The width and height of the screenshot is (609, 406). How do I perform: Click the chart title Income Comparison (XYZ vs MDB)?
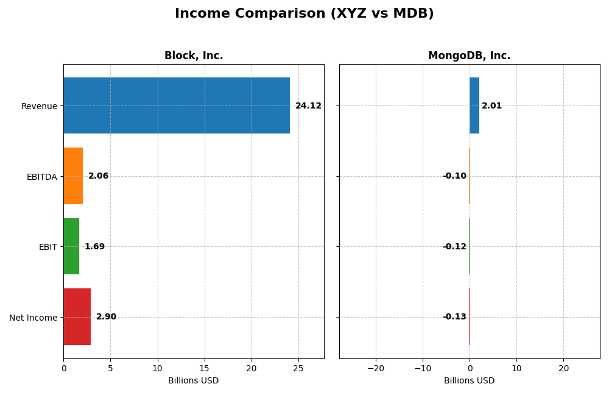[x=304, y=13]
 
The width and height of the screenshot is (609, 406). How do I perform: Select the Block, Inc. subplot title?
[x=194, y=56]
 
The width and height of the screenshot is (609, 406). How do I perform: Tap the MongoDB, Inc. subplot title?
[x=469, y=56]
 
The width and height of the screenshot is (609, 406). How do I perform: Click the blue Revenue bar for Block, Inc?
[x=177, y=105]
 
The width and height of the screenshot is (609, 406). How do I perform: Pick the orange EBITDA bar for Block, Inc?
[x=73, y=176]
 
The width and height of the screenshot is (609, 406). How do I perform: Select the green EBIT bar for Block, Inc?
[x=71, y=246]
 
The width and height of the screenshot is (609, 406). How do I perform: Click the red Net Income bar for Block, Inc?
[x=77, y=317]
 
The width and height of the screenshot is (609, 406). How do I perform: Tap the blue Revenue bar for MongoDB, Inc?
[x=474, y=105]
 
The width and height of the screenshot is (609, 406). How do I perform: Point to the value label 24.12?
[x=308, y=106]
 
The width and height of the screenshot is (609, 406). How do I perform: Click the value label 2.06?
[x=98, y=176]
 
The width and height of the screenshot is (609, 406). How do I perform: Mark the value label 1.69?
[x=94, y=247]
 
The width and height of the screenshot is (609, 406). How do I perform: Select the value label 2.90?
[x=106, y=317]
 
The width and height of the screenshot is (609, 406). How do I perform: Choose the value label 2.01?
[x=491, y=106]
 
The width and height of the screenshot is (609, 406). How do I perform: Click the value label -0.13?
[x=454, y=317]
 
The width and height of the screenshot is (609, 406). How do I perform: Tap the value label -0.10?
[x=454, y=176]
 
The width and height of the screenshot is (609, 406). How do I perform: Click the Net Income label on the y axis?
[x=33, y=318]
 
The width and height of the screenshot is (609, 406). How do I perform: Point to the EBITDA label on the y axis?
[x=41, y=177]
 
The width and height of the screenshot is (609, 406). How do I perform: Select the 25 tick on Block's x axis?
[x=298, y=368]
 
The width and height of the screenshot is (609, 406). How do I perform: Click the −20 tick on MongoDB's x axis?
[x=375, y=368]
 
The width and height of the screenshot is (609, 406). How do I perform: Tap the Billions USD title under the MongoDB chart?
[x=469, y=381]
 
